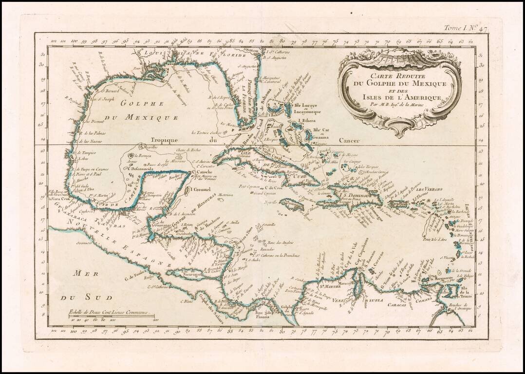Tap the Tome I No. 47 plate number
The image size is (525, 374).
click(x=465, y=29)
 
